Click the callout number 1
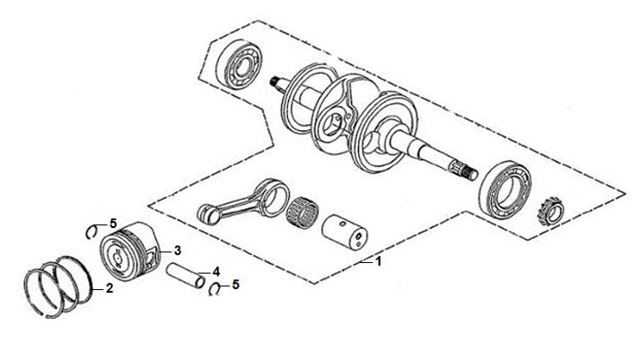(379, 261)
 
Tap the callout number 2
(109, 288)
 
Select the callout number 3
(177, 250)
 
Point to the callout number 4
(216, 271)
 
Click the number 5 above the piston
(113, 224)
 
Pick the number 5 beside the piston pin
(235, 285)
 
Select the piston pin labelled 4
(185, 275)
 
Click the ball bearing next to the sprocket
(505, 189)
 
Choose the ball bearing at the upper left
(239, 64)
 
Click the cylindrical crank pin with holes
(345, 232)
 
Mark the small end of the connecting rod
(207, 215)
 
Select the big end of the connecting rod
(274, 198)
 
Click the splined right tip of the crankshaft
(464, 171)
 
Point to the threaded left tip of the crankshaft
(275, 82)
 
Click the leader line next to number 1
(366, 262)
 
